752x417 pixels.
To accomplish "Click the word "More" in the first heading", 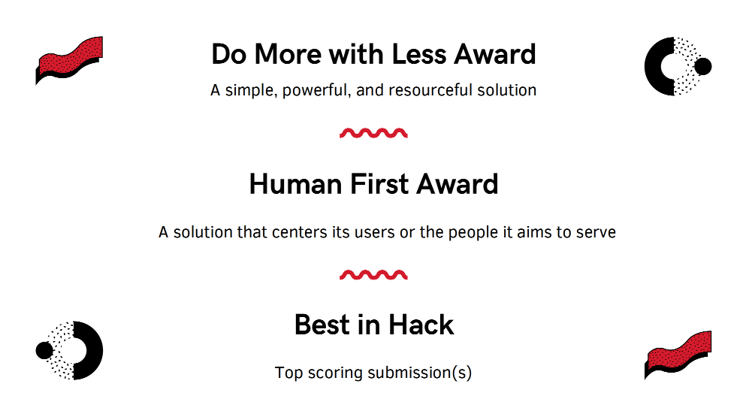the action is tap(287, 54).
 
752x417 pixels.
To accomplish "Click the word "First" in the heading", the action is tap(379, 184).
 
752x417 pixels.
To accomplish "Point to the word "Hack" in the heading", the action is tap(421, 325).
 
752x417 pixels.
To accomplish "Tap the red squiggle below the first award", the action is tap(373, 133).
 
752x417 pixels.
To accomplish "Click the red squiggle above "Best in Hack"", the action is tap(373, 274).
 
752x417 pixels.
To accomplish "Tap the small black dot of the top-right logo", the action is tap(703, 67).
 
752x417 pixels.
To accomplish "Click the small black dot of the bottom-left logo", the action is tap(44, 351).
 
